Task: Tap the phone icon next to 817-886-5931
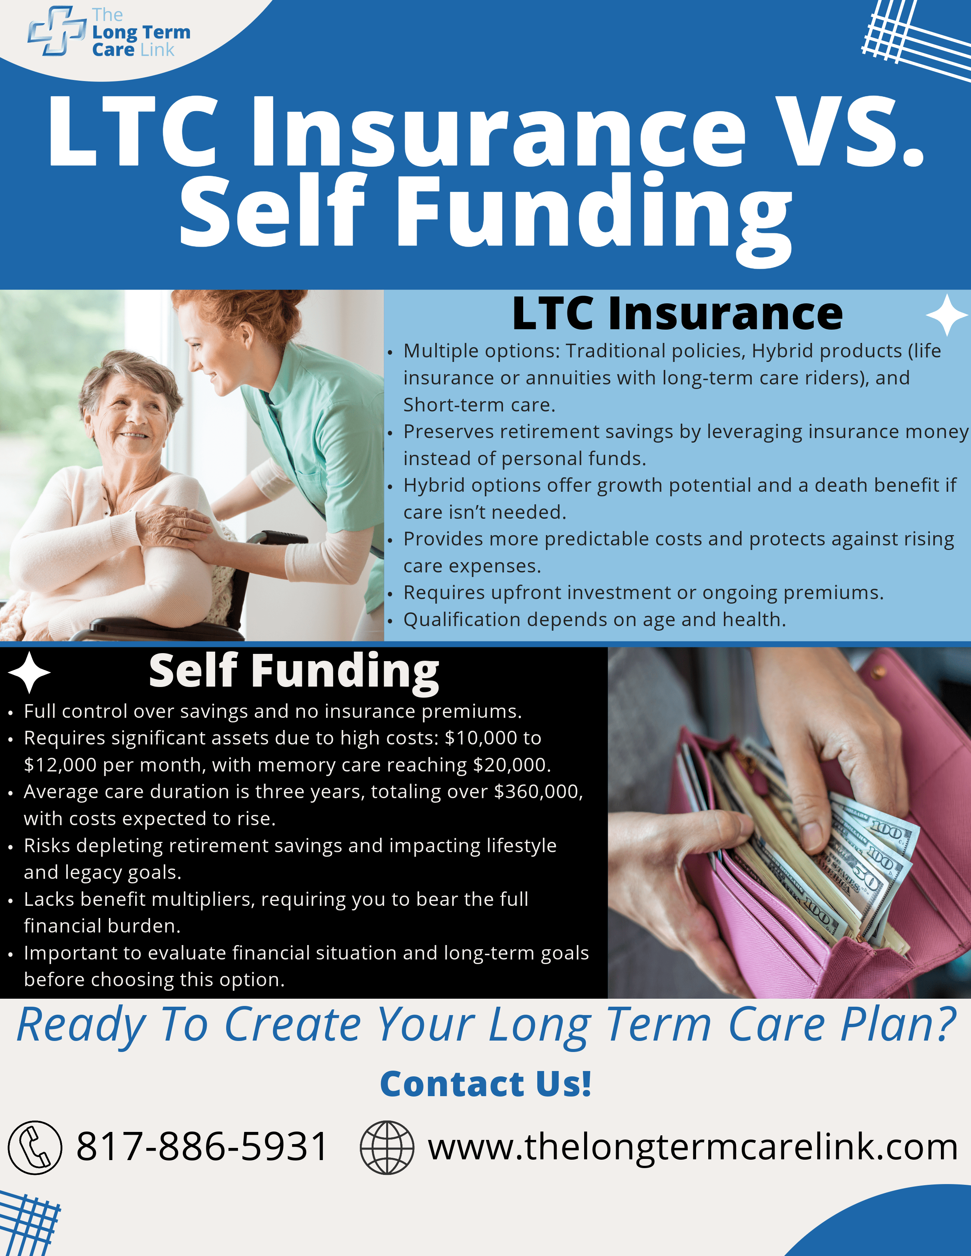coord(35,1147)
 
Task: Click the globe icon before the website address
coord(386,1147)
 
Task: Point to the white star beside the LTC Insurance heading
coord(947,315)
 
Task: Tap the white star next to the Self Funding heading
coord(29,672)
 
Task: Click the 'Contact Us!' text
coord(485,1084)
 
